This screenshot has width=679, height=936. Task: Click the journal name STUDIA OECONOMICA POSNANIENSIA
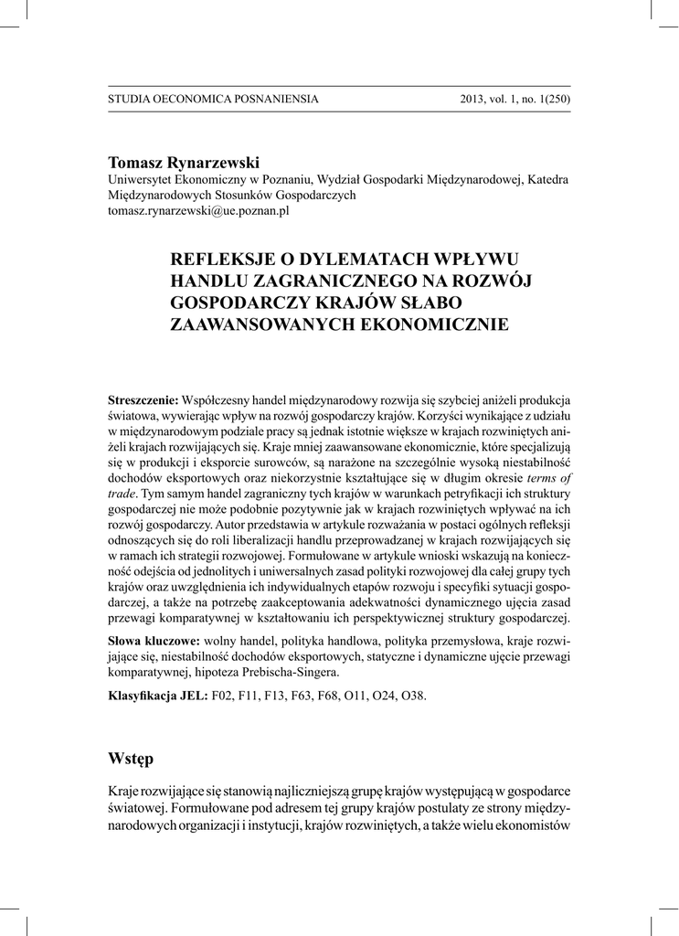(213, 99)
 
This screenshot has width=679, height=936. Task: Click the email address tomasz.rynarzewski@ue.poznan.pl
(198, 211)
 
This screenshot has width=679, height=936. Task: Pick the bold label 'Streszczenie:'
(144, 400)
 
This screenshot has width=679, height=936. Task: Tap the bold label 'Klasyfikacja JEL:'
(158, 696)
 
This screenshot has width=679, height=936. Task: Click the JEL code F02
(223, 696)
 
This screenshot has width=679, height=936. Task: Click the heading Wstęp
(132, 760)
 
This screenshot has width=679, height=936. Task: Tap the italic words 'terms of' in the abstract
(549, 478)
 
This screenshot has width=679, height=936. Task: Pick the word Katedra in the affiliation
(548, 179)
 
